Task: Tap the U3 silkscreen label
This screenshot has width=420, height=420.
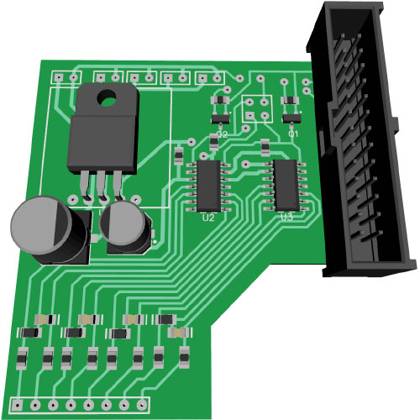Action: [x=286, y=216]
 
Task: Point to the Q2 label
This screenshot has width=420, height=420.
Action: [x=222, y=134]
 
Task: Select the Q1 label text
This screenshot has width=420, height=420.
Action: [x=293, y=134]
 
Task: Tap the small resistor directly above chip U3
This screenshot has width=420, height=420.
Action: [x=265, y=149]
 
